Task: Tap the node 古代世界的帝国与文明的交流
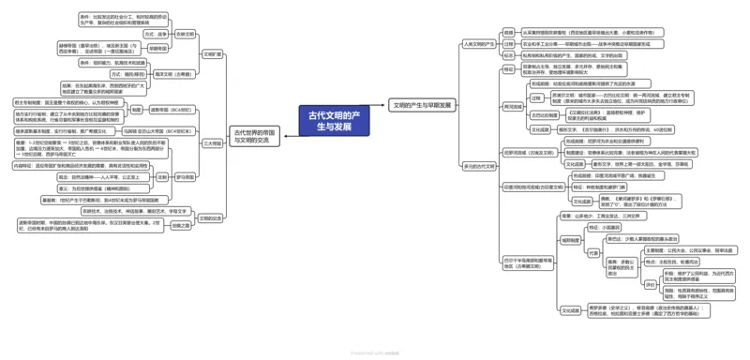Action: tap(256, 138)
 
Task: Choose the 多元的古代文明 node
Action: tap(479, 166)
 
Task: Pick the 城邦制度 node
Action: tap(571, 240)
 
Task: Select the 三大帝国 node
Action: tap(213, 143)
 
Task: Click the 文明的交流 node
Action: tap(211, 218)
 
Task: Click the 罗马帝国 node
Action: tap(186, 176)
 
